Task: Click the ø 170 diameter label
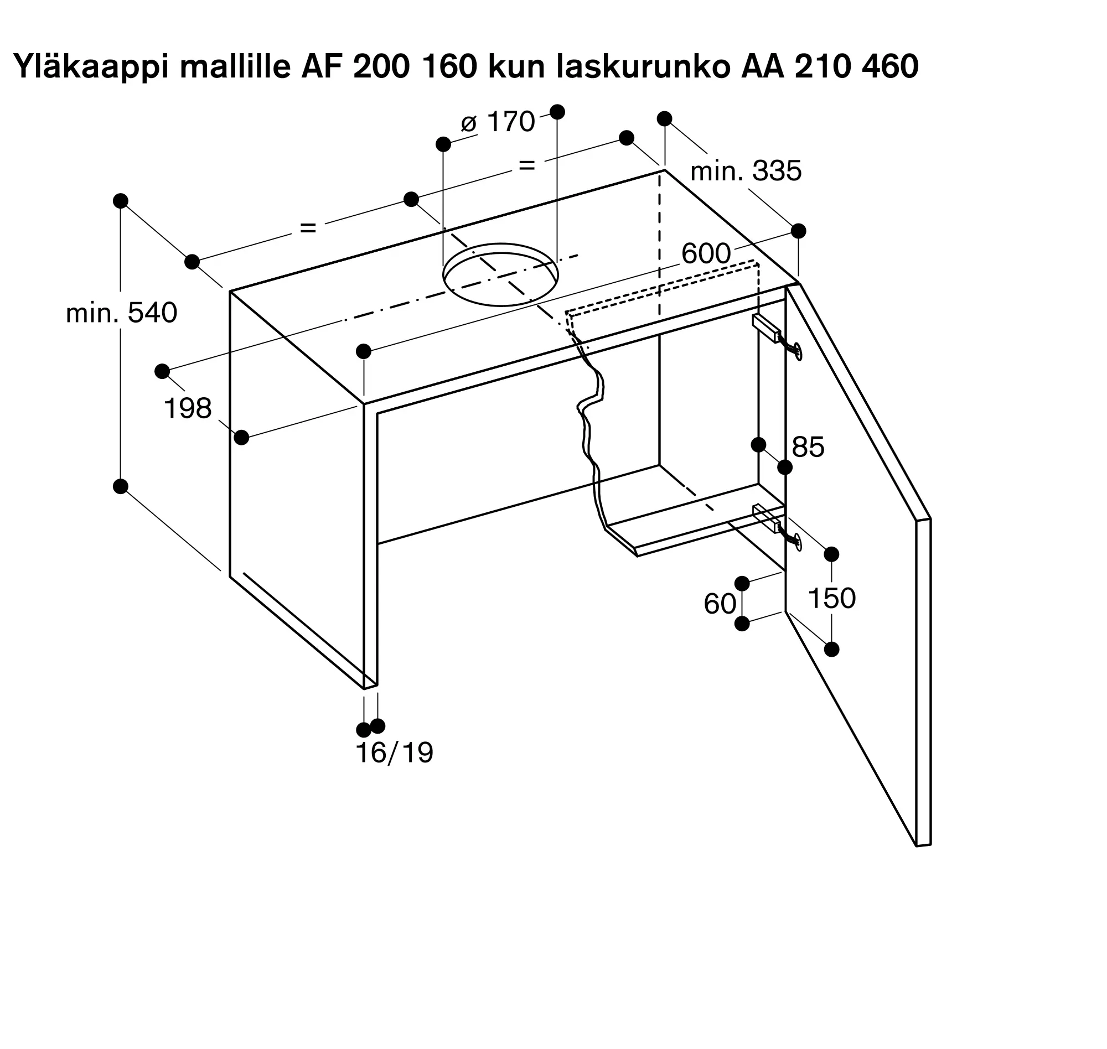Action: pos(498,122)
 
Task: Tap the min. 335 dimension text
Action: pos(746,171)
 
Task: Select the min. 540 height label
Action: pos(121,313)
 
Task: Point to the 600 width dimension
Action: pos(706,254)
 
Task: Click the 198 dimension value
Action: pos(188,409)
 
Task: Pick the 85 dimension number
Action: pos(808,448)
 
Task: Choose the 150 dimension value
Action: pos(832,598)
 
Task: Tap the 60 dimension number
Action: pos(720,604)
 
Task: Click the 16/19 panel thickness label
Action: pos(394,753)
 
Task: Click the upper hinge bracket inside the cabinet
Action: pos(767,328)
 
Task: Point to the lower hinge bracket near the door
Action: pos(767,518)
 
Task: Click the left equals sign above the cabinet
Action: pos(308,227)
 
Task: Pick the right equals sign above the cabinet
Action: pos(527,165)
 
